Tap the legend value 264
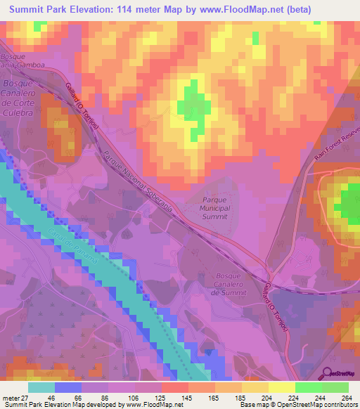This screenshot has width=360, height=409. pos(347,398)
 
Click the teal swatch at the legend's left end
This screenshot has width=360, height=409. pos(41,387)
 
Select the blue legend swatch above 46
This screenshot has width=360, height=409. pos(68,387)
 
